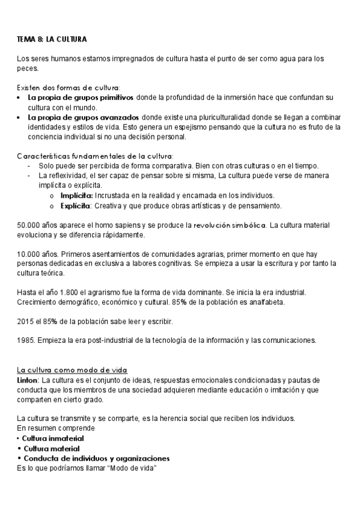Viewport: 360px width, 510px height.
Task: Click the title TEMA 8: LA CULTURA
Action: click(52, 39)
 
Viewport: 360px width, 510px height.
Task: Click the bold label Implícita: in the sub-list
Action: click(77, 195)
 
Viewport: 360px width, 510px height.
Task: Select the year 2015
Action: click(26, 322)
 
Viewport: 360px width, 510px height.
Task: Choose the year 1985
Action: click(26, 341)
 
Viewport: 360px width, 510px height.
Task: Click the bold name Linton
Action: click(29, 381)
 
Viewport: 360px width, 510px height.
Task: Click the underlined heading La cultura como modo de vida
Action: click(72, 370)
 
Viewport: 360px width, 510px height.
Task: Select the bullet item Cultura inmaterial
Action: click(52, 439)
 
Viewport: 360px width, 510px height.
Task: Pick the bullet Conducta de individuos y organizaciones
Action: click(95, 458)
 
